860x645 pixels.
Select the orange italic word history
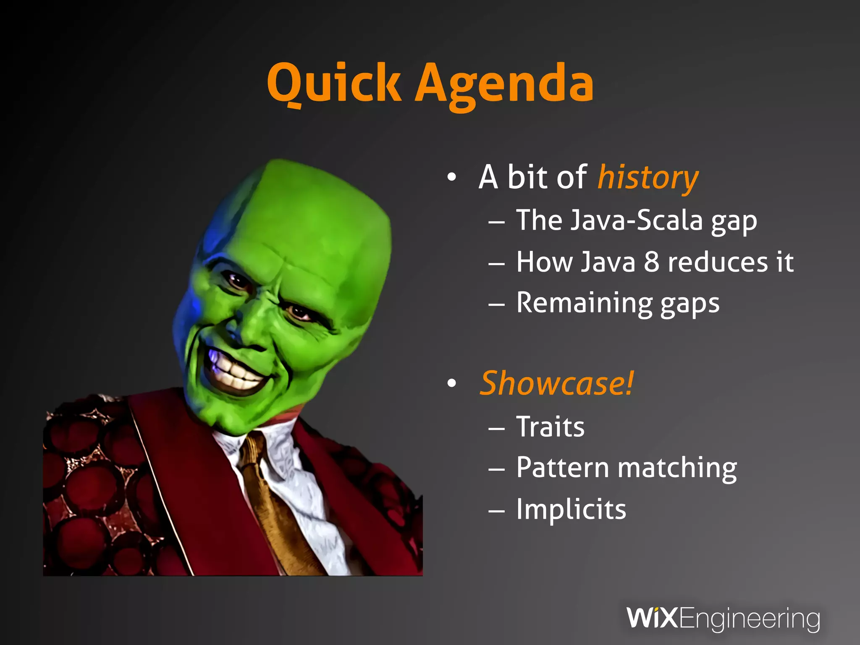point(648,178)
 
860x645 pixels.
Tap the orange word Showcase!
point(556,383)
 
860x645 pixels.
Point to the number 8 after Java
point(651,262)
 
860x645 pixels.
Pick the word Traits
point(550,427)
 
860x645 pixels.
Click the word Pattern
point(562,467)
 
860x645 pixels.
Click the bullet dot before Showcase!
point(451,383)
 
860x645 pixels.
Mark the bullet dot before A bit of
point(451,177)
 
